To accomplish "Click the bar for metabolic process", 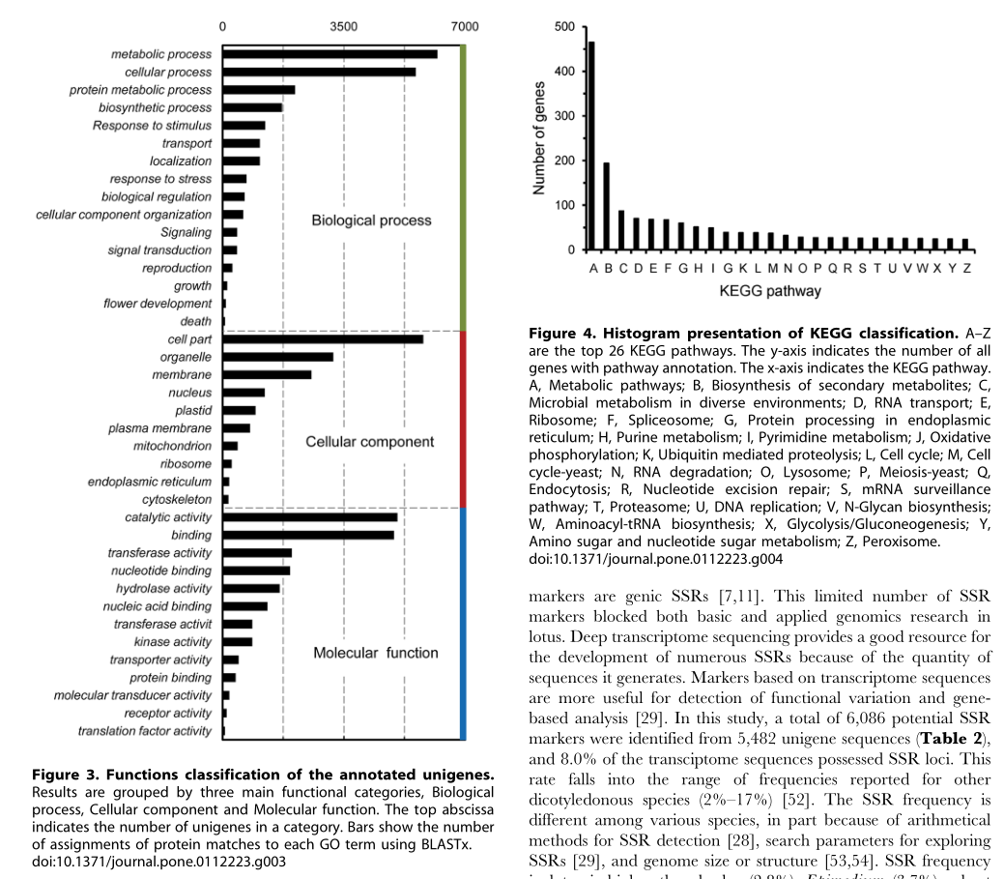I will (x=330, y=54).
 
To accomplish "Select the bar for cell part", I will (x=323, y=339).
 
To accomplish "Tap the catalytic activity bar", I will (x=310, y=517).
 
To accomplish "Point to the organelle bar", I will (x=278, y=357).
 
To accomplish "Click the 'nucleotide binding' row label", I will (x=161, y=571).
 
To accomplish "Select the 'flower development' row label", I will (x=158, y=304).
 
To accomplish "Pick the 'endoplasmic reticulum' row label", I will (x=150, y=482).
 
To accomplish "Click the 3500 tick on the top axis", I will (x=344, y=26).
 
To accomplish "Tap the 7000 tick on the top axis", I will (x=466, y=26).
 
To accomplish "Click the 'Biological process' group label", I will (x=371, y=220).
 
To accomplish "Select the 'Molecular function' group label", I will (x=375, y=653).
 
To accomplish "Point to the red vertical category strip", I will (x=464, y=419).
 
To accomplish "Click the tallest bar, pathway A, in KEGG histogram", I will (x=591, y=145).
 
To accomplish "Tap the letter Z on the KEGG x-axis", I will (x=966, y=267).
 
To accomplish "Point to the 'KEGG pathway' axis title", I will (x=770, y=290).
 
